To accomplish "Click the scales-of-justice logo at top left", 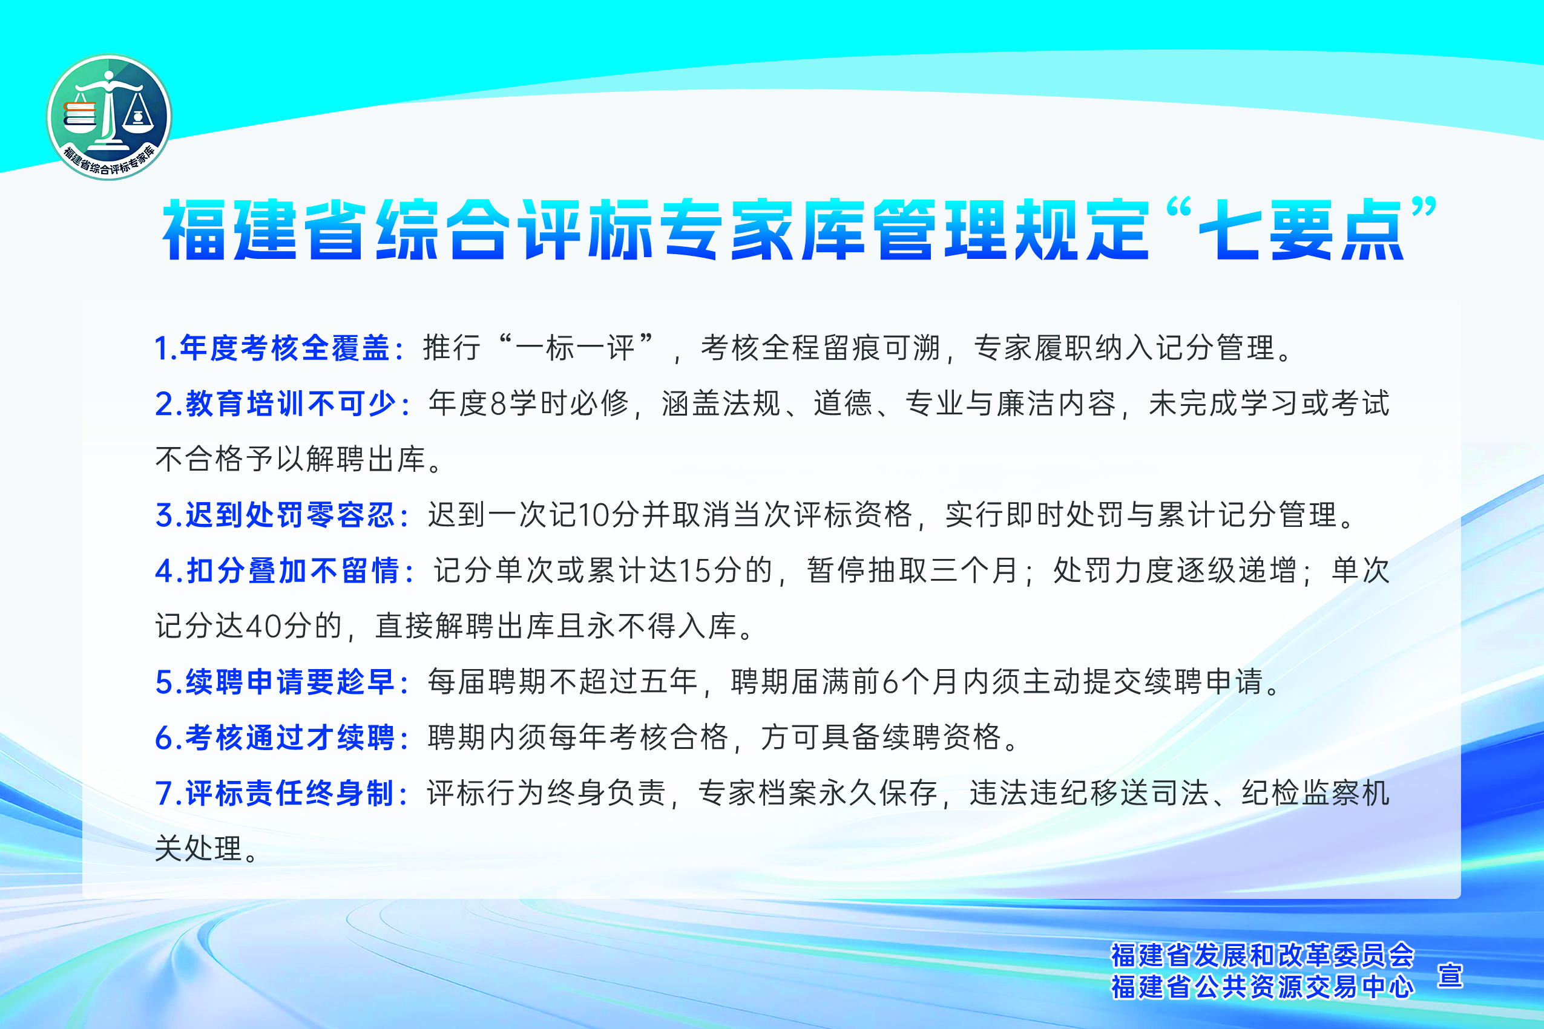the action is pyautogui.click(x=109, y=117).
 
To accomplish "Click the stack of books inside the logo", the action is pyautogui.click(x=80, y=117).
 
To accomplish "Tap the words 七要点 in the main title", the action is pyautogui.click(x=1303, y=230).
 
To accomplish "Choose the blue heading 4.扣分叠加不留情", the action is pyautogui.click(x=277, y=571).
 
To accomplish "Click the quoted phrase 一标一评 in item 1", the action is pyautogui.click(x=575, y=348).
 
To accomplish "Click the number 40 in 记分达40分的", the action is pyautogui.click(x=264, y=627).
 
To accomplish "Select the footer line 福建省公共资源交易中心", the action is pyautogui.click(x=1263, y=986).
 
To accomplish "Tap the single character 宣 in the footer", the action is pyautogui.click(x=1450, y=975).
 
